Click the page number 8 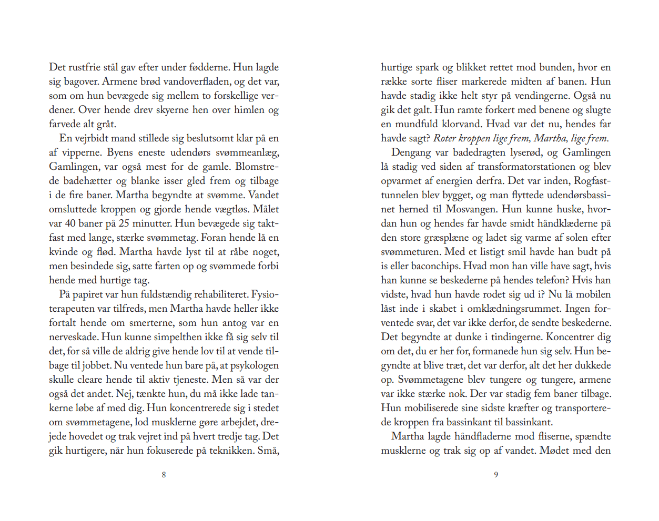tap(164, 475)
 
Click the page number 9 tap(495, 475)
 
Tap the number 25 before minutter tap(124, 223)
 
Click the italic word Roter tap(444, 138)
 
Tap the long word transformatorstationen tap(526, 167)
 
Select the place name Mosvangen tap(471, 209)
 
